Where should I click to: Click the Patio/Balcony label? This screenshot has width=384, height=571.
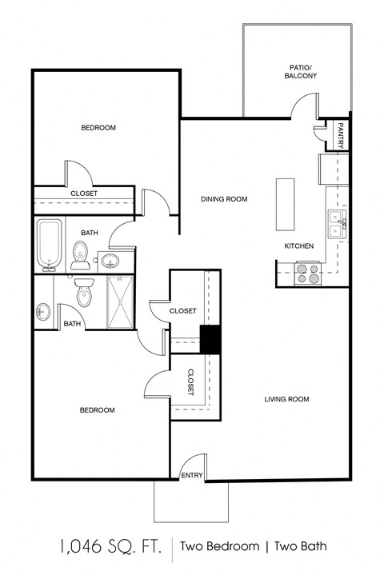(300, 72)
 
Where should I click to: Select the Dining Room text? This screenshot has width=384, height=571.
(224, 199)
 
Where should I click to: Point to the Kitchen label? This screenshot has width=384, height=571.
(299, 246)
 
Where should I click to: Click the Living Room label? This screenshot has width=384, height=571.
(286, 399)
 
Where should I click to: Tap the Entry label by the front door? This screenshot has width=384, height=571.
(193, 476)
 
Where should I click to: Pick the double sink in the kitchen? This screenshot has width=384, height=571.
(336, 220)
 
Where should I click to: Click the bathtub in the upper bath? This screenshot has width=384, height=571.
(50, 245)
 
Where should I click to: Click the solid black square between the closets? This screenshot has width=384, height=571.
(210, 340)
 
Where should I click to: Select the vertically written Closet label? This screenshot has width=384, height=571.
(190, 382)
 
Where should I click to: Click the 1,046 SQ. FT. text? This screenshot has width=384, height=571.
(110, 547)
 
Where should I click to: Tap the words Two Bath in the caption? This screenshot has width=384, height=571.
(300, 547)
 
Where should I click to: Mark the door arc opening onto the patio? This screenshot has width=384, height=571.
(305, 105)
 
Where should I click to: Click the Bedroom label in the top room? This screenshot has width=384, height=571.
(98, 128)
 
